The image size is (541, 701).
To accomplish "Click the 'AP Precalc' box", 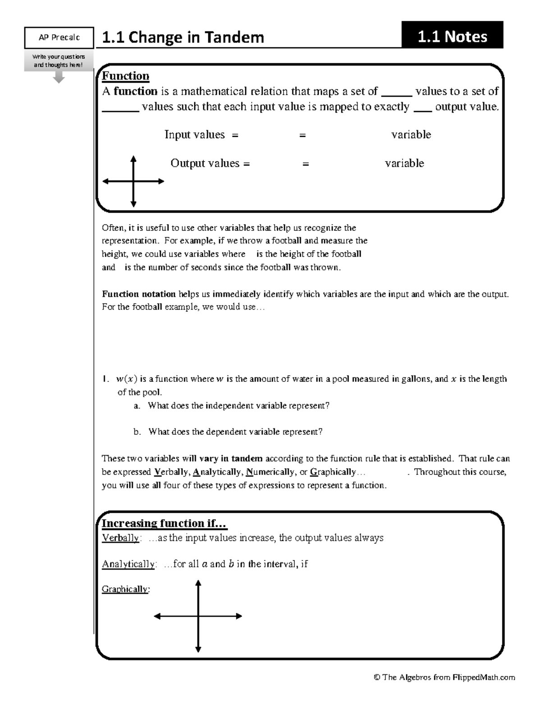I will click(x=59, y=37).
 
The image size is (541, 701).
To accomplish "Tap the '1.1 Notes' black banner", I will click(x=452, y=36).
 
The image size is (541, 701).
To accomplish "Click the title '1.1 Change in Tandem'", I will click(x=183, y=37).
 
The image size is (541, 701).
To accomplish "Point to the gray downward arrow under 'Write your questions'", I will click(x=59, y=78).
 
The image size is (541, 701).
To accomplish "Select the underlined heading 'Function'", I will click(x=125, y=76).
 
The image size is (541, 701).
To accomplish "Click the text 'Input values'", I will click(x=194, y=135).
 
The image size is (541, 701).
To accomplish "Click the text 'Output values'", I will click(x=205, y=163).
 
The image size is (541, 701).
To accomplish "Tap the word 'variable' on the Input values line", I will click(x=411, y=135).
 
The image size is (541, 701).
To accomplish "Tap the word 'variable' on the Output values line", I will click(x=404, y=163).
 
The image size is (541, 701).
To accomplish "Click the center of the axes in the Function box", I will click(x=133, y=181).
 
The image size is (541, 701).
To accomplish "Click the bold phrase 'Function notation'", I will click(x=139, y=294).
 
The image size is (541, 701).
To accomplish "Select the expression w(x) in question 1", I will click(x=126, y=379).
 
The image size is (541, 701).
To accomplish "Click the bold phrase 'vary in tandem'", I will click(x=230, y=459).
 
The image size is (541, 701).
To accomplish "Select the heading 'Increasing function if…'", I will click(x=164, y=523).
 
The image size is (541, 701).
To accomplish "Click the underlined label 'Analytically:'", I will click(x=129, y=564).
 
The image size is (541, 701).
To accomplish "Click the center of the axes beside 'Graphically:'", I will click(x=198, y=616).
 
